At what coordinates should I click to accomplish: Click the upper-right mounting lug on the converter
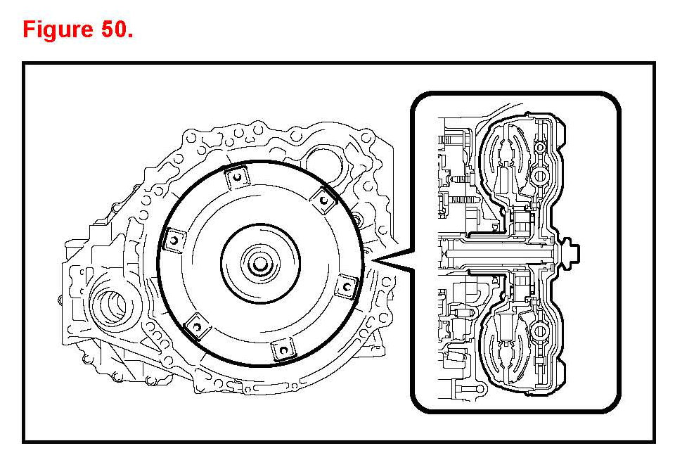(323, 200)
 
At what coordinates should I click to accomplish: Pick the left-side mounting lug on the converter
(171, 241)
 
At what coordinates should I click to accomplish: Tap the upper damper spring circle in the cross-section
(541, 174)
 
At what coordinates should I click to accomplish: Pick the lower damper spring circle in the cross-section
(541, 330)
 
